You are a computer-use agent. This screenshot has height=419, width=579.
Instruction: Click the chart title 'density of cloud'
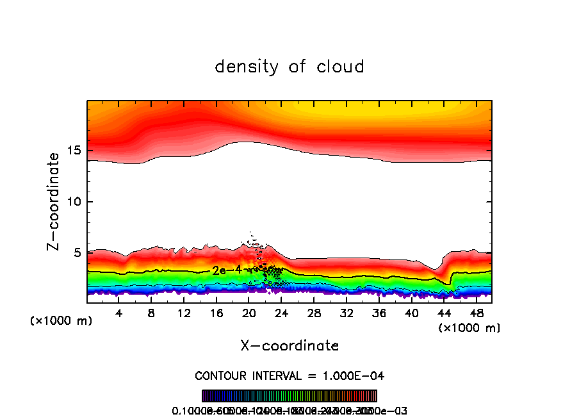[x=289, y=67]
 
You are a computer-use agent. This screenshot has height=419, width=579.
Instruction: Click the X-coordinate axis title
[x=289, y=345]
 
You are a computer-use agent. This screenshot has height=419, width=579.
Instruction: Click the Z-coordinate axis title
[x=56, y=201]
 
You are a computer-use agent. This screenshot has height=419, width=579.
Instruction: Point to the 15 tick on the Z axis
[x=76, y=151]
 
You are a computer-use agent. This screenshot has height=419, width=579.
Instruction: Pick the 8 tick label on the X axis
[x=151, y=313]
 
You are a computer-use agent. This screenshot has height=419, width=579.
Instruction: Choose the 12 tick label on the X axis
[x=184, y=313]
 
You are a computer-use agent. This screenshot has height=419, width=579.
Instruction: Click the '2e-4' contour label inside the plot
[x=227, y=270]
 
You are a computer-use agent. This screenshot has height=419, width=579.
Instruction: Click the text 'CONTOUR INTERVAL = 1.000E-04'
[x=289, y=375]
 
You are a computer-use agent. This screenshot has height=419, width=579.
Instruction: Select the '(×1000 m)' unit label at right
[x=469, y=328]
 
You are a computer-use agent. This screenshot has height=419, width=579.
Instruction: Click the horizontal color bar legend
[x=289, y=396]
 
